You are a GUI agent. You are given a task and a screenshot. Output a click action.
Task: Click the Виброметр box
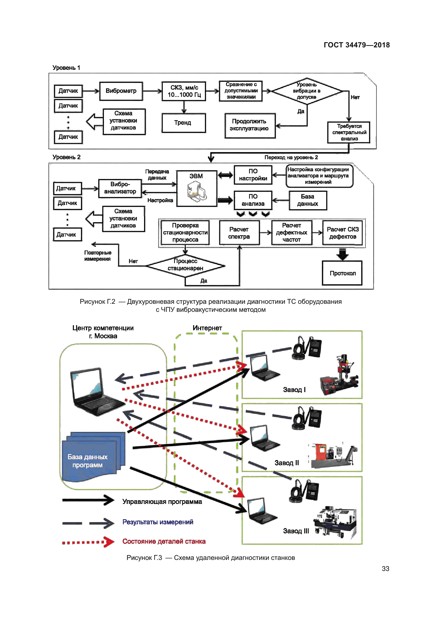point(121,91)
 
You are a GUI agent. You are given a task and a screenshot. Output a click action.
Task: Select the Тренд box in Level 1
point(183,123)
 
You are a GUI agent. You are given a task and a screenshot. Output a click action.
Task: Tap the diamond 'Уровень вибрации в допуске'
point(306,91)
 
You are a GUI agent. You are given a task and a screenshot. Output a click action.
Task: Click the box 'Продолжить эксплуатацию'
point(250,126)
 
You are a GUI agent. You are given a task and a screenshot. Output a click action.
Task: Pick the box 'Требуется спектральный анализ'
point(349,132)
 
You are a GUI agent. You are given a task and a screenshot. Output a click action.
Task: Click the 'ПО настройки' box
point(253,175)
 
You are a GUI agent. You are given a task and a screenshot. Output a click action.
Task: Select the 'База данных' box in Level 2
point(307,200)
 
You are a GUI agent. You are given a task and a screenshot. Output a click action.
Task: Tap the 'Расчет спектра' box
point(239,233)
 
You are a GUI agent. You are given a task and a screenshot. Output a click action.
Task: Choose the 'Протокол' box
point(342,273)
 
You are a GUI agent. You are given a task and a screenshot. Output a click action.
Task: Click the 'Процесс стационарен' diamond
point(186,265)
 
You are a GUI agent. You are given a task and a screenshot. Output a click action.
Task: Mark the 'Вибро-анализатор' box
point(120,188)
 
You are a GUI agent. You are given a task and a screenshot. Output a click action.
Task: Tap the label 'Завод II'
point(286,463)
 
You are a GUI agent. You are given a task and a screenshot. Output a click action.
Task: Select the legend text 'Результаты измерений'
point(158,522)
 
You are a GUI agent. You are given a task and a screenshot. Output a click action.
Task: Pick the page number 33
point(385,569)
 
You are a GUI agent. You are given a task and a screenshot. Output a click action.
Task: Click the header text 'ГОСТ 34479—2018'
point(356,45)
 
